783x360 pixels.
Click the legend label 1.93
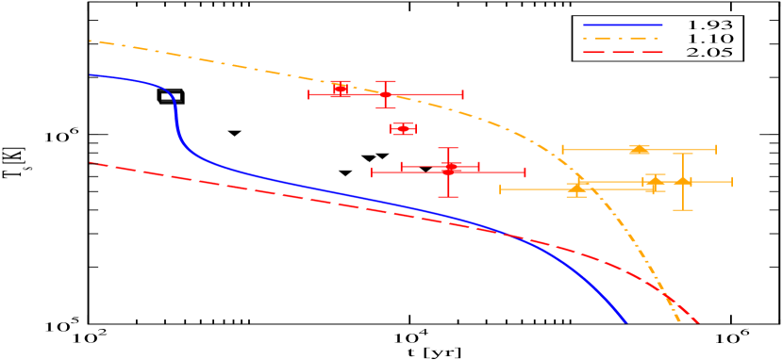point(710,24)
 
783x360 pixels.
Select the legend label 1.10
point(710,39)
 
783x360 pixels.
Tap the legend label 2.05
point(710,53)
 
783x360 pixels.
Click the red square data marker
point(341,90)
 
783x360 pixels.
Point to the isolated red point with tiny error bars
point(403,128)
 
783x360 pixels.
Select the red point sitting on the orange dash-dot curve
point(385,94)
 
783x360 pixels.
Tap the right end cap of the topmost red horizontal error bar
point(462,94)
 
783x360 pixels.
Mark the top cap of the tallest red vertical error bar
point(448,149)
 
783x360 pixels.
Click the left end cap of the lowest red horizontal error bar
point(373,172)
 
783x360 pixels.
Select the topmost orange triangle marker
point(640,149)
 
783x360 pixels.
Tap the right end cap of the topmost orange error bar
point(716,149)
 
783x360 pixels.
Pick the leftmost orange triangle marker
point(576,188)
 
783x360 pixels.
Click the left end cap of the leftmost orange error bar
point(501,189)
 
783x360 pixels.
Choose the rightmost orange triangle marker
point(682,181)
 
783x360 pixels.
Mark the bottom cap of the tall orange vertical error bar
point(682,209)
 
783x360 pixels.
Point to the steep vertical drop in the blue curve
point(175,118)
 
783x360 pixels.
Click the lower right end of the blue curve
point(625,321)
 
